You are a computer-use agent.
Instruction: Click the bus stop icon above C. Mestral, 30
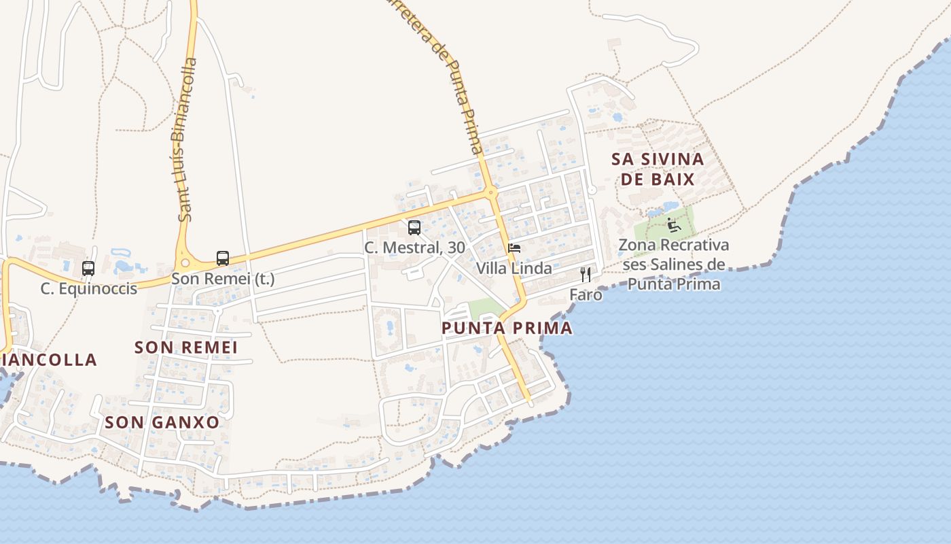[414, 228]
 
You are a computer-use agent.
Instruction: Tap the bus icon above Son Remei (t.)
[223, 258]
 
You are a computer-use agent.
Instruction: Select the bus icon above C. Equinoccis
[88, 269]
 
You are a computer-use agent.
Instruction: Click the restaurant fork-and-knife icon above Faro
[586, 275]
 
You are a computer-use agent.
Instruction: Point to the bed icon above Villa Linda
[514, 248]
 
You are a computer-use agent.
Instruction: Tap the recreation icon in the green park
[673, 224]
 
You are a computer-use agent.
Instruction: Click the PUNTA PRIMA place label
[507, 328]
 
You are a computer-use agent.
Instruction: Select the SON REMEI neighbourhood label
[186, 347]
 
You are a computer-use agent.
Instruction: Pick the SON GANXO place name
[162, 422]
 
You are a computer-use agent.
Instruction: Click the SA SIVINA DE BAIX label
[658, 169]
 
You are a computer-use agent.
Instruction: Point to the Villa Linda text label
[514, 269]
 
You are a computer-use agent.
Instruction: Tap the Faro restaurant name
[586, 295]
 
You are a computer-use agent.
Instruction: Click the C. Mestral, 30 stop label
[414, 248]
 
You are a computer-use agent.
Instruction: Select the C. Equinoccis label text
[88, 288]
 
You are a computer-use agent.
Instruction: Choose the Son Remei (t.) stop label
[223, 279]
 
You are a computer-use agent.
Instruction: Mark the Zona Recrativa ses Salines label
[674, 265]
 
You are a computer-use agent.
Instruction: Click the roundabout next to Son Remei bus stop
[183, 262]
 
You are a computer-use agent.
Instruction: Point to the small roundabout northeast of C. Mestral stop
[491, 193]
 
